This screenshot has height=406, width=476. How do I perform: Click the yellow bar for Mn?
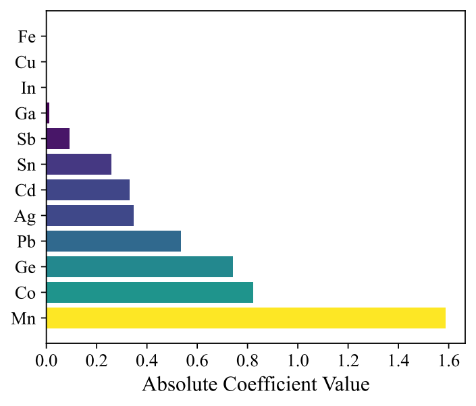(x=246, y=318)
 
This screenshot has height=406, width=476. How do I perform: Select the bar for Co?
(x=149, y=292)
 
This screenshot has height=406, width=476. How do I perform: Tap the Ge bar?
(x=139, y=266)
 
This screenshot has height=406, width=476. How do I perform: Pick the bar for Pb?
(x=113, y=241)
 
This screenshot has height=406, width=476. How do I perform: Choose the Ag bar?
(x=90, y=215)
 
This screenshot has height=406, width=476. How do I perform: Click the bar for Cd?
(x=88, y=190)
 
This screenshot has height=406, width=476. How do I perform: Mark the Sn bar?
(x=78, y=164)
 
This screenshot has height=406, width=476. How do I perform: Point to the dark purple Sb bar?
(x=58, y=138)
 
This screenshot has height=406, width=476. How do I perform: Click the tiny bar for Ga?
(x=48, y=113)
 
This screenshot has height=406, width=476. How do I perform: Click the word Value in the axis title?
(x=347, y=384)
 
